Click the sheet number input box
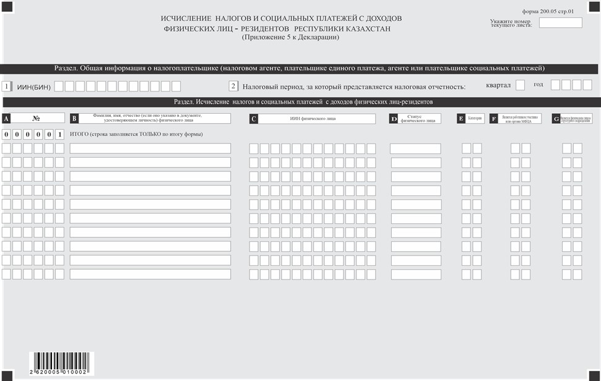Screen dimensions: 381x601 pos(560,23)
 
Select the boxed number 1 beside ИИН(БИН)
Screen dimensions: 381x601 pos(7,87)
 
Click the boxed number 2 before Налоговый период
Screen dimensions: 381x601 pos(233,87)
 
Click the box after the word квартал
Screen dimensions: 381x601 pos(520,85)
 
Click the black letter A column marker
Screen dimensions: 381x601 pos(6,118)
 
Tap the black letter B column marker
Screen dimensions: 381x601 pos(74,119)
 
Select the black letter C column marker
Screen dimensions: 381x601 pos(254,119)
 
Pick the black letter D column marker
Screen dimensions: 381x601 pos(394,119)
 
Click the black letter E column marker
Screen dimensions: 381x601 pos(461,119)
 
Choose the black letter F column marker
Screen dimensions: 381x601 pos(493,119)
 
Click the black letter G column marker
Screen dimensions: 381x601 pos(556,119)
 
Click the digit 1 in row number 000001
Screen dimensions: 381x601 pos(59,134)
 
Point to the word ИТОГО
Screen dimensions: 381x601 pos(79,134)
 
